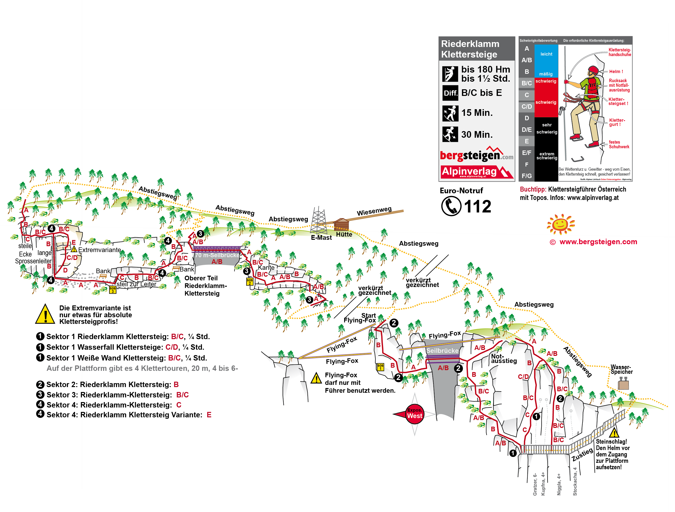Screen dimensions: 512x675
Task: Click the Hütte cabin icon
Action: point(341,224)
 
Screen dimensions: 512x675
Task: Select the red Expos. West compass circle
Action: point(415,414)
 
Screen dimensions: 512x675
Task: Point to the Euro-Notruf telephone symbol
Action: point(451,206)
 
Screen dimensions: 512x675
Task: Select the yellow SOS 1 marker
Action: point(380,367)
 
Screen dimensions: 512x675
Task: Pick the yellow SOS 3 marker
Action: point(113,289)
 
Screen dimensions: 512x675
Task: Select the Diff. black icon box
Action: point(450,93)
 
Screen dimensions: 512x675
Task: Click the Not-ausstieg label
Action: point(504,359)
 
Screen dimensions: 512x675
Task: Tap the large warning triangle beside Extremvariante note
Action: point(45,315)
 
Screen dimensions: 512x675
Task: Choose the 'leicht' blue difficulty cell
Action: point(546,54)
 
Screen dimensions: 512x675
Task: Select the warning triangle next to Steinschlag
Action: point(614,433)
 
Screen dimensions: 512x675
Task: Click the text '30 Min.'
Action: point(477,135)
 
